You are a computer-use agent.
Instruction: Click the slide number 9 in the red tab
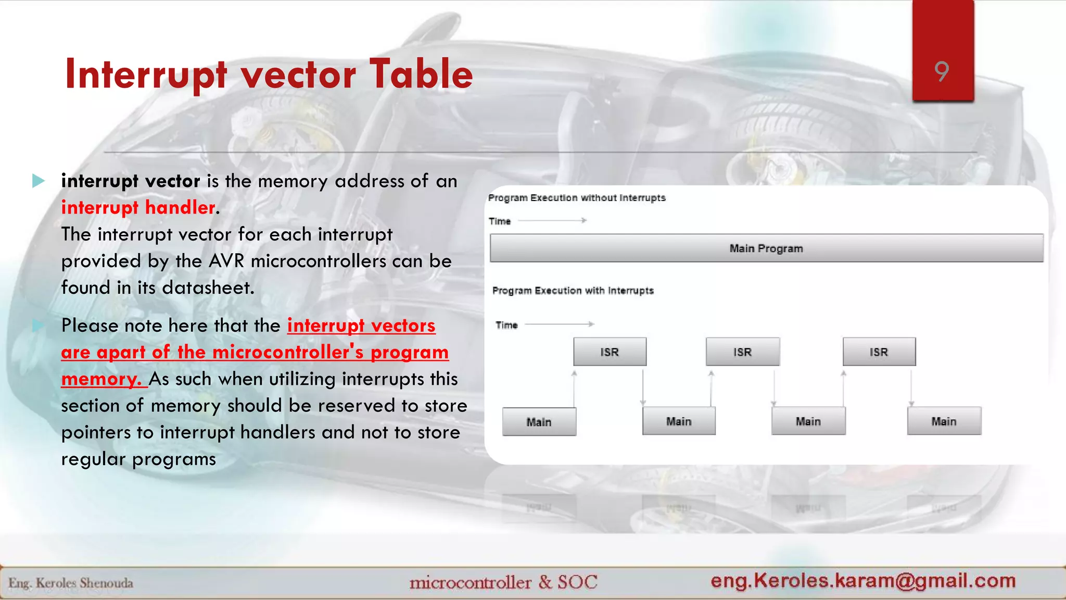(x=942, y=71)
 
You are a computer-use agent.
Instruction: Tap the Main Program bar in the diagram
(x=766, y=248)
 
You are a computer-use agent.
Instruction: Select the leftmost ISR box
(x=610, y=352)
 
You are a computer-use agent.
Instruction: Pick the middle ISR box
(x=742, y=352)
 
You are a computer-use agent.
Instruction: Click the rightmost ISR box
(x=879, y=352)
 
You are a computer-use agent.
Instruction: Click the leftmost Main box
(x=539, y=422)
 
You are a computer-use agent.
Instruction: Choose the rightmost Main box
(x=944, y=421)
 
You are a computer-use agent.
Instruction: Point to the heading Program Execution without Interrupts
(x=577, y=198)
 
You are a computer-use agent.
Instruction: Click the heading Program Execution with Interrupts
(x=573, y=291)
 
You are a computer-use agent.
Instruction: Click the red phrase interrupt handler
(x=138, y=208)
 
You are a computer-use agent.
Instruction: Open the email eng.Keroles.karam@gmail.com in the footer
(x=863, y=581)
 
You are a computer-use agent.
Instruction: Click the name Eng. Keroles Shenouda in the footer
(x=71, y=583)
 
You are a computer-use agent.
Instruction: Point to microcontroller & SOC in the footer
(x=503, y=582)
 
